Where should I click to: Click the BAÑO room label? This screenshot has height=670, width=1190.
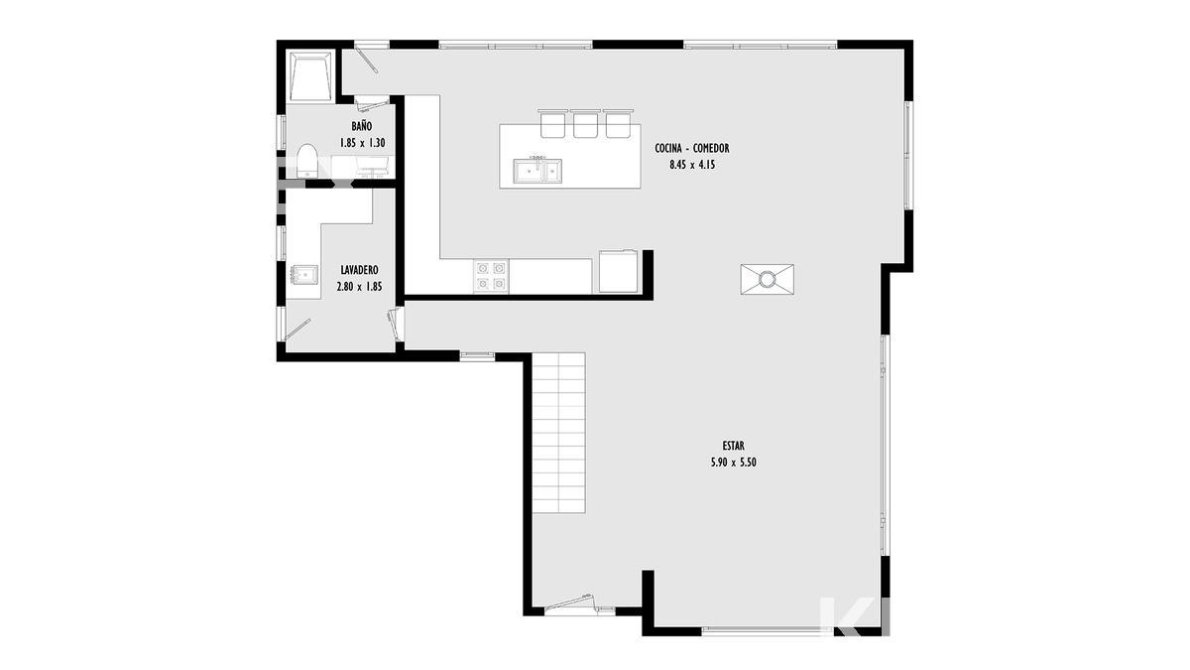pos(362,127)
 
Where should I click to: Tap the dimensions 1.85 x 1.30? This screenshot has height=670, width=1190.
pos(362,143)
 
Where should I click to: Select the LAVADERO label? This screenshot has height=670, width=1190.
pos(360,270)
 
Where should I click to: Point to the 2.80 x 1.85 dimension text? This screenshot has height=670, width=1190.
pos(360,287)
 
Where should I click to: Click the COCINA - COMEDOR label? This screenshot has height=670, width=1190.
pos(692,148)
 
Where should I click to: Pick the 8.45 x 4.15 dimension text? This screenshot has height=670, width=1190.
pos(692,165)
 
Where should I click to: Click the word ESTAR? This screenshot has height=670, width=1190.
pos(733,446)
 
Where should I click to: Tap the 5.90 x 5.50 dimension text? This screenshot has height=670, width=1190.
pos(733,463)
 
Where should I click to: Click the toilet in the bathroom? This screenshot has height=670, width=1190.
pos(306,161)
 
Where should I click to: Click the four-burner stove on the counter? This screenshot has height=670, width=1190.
pos(491,277)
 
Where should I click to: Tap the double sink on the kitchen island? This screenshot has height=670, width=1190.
pos(537,171)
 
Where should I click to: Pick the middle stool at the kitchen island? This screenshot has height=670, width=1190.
pos(585,123)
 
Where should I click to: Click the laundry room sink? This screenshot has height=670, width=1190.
pos(304,275)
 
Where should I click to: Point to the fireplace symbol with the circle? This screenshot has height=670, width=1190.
pos(768,279)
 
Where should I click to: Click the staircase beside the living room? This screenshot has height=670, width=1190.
pos(559,433)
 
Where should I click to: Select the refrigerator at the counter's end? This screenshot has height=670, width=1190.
pos(619,272)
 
